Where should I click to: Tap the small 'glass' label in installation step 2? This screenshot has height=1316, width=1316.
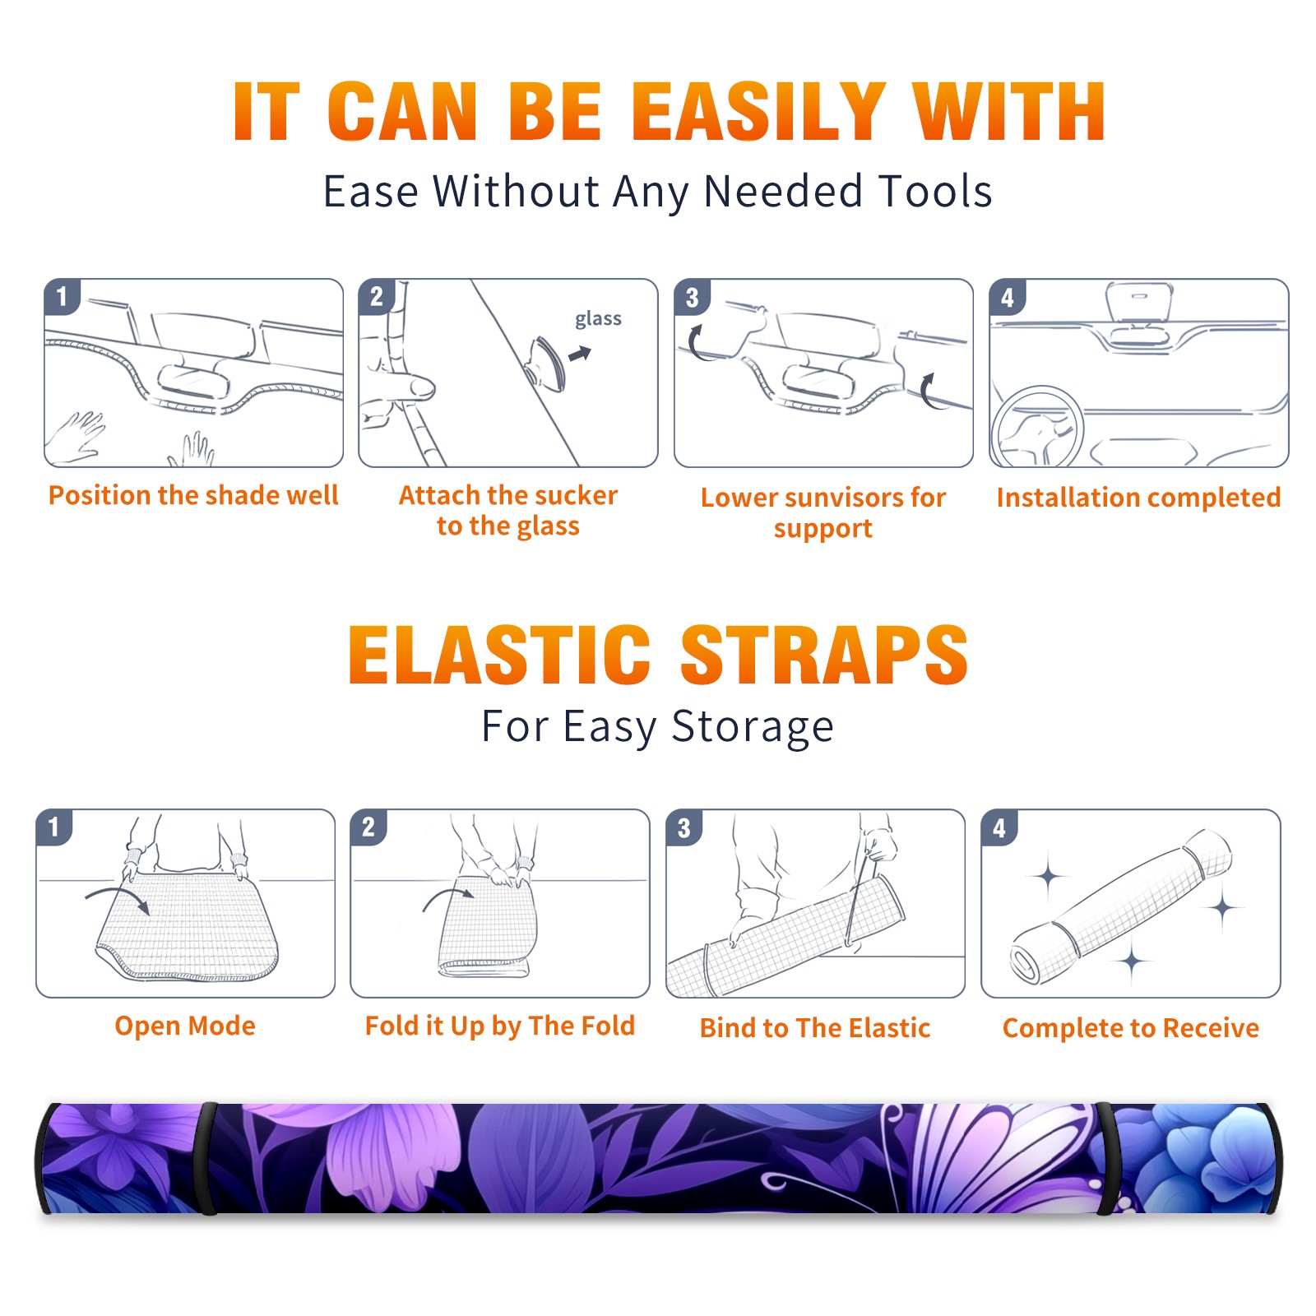(x=598, y=319)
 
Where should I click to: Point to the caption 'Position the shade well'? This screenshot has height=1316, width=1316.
(x=193, y=495)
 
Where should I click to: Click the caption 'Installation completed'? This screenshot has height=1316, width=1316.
(x=1138, y=498)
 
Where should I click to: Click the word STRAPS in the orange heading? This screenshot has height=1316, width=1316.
(x=824, y=655)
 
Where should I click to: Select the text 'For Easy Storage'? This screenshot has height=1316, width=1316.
(x=657, y=727)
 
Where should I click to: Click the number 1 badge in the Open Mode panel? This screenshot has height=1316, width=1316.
(x=54, y=827)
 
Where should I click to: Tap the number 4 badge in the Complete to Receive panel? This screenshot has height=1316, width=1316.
(x=999, y=827)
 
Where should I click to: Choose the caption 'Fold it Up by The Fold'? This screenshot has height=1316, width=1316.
(x=500, y=1026)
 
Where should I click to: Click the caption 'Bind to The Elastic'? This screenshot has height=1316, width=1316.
(x=815, y=1028)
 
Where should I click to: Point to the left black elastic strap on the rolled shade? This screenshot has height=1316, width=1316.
(x=208, y=1158)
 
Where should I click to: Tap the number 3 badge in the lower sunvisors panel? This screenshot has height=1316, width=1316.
(x=692, y=297)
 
